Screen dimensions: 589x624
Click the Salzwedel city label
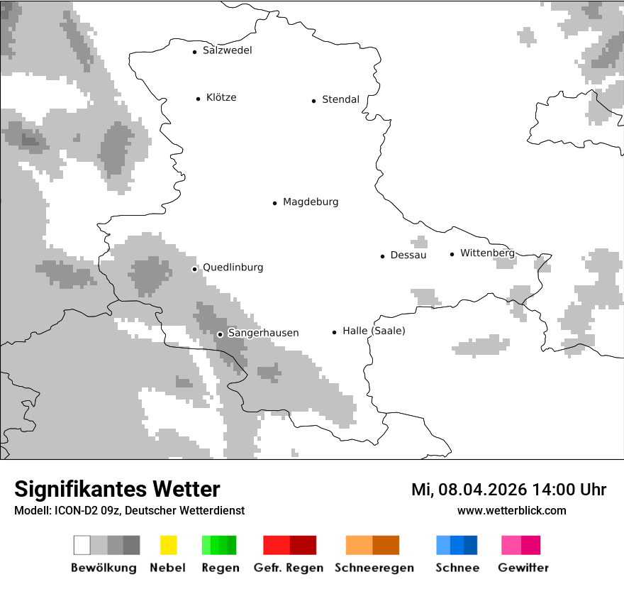click(x=227, y=50)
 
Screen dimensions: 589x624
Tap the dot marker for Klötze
click(x=198, y=99)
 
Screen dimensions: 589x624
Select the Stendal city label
click(x=340, y=100)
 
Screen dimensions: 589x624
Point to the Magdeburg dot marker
click(x=274, y=203)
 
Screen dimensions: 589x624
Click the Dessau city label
click(x=408, y=255)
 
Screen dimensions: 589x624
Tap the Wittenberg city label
click(x=487, y=253)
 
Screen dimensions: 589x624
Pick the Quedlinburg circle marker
click(x=194, y=269)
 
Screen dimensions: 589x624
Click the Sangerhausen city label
click(x=263, y=333)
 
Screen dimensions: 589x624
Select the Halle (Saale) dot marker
click(x=334, y=332)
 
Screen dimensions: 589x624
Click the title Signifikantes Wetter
click(x=117, y=490)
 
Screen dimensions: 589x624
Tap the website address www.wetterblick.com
click(x=511, y=511)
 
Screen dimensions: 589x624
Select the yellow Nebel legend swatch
click(x=168, y=545)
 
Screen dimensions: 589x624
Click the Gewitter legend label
click(x=523, y=568)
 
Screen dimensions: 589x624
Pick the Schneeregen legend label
click(x=374, y=568)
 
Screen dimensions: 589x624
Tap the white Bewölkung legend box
click(x=82, y=545)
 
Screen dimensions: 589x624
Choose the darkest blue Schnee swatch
click(x=471, y=545)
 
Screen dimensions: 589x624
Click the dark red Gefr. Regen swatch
click(x=303, y=545)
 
